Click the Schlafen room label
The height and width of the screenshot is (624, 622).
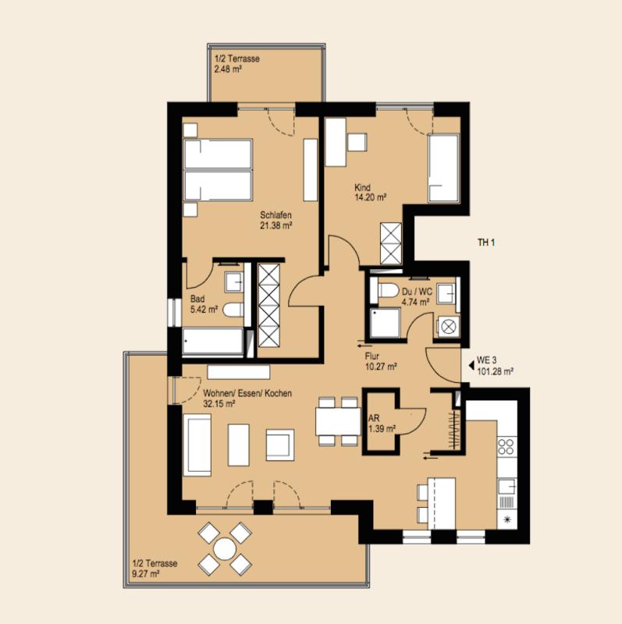(x=275, y=215)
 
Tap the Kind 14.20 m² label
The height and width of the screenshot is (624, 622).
(x=371, y=192)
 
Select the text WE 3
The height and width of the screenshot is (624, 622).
(x=487, y=360)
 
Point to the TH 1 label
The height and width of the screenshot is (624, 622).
(x=486, y=243)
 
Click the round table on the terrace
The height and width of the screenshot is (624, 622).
(x=225, y=549)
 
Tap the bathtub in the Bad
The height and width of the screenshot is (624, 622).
(x=212, y=342)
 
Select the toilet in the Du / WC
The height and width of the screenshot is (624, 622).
(x=387, y=290)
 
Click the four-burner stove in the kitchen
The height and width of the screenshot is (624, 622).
(x=506, y=446)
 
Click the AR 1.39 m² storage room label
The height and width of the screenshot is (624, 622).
(x=382, y=424)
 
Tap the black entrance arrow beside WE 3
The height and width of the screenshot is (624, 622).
(x=471, y=365)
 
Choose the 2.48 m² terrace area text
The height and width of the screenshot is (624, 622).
(x=228, y=69)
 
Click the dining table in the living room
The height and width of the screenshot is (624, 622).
(x=338, y=421)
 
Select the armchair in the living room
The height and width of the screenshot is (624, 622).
(x=280, y=445)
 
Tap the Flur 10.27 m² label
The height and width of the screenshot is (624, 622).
(x=381, y=362)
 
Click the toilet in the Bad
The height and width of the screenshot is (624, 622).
(x=233, y=310)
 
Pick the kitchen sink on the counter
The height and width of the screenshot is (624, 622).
(x=507, y=486)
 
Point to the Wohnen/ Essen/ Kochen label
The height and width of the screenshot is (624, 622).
(x=247, y=393)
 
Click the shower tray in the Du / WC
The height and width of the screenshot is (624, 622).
(x=385, y=322)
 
